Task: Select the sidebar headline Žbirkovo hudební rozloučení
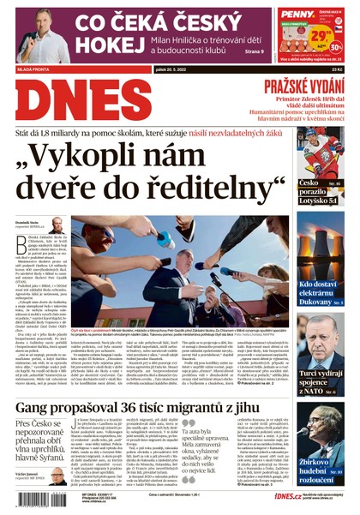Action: pos(321,470)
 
